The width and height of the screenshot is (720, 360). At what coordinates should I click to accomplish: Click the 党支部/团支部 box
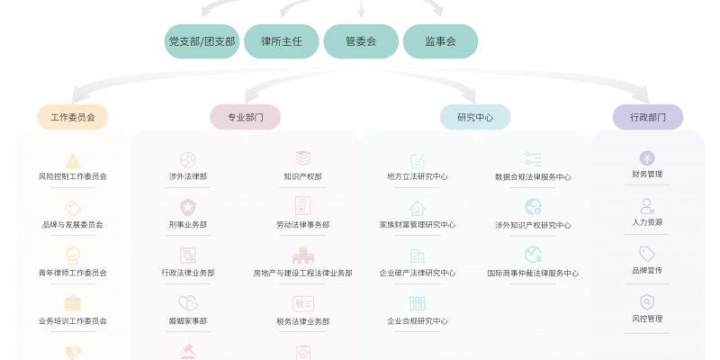tap(202, 41)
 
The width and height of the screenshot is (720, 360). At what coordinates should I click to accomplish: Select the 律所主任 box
tap(282, 41)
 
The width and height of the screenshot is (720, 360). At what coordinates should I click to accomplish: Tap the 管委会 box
tap(361, 41)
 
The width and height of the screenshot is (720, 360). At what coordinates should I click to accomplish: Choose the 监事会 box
tap(440, 41)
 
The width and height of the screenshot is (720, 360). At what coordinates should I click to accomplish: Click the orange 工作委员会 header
tap(73, 117)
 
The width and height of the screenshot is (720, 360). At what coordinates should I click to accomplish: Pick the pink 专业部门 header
tap(245, 117)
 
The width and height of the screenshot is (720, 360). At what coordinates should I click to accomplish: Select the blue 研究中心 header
tap(475, 117)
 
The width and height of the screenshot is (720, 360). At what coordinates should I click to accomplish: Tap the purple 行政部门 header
tap(648, 117)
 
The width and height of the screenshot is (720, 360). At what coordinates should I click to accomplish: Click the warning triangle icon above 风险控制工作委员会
tap(73, 160)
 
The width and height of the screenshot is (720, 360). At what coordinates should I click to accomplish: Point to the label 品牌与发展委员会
tap(73, 224)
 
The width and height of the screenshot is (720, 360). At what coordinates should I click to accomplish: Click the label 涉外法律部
tap(188, 176)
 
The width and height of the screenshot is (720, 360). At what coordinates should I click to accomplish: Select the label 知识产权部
tap(302, 176)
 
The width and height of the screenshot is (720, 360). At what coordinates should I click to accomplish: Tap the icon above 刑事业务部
tap(188, 207)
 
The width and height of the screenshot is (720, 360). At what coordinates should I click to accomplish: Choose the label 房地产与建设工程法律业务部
tap(302, 273)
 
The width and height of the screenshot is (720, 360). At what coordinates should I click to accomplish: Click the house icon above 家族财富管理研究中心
tap(418, 208)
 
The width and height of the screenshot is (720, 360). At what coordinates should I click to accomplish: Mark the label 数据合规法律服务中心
tap(533, 176)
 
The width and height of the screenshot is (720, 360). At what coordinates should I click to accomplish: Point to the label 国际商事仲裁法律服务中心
tap(533, 273)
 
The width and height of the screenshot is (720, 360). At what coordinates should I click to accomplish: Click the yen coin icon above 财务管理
tap(647, 157)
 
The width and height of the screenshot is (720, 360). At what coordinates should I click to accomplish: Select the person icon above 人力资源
tap(647, 206)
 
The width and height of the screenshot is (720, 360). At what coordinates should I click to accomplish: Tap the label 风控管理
tap(647, 318)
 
